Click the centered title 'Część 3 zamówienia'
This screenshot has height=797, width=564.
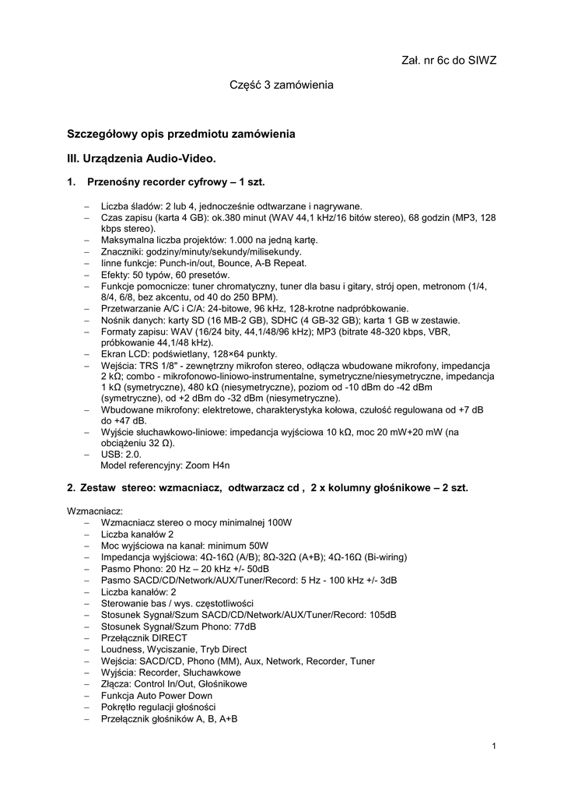(x=281, y=84)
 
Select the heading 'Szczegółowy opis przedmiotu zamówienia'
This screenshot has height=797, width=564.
(x=181, y=134)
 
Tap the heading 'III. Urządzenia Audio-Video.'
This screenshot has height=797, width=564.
(x=142, y=158)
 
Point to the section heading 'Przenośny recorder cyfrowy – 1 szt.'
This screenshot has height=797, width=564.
(x=176, y=182)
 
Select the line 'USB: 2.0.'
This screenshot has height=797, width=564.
(x=121, y=454)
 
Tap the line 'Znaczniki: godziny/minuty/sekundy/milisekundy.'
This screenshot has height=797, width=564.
(x=201, y=252)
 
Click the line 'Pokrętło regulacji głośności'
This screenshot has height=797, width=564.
(x=158, y=707)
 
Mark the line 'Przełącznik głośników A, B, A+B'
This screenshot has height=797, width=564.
(x=169, y=718)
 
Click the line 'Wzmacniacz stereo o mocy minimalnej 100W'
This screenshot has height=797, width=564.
(x=196, y=522)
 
